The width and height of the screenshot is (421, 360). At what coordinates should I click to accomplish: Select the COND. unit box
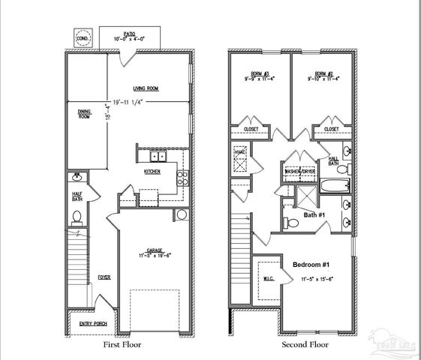[83, 38]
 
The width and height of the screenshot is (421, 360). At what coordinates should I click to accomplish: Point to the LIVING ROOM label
[151, 88]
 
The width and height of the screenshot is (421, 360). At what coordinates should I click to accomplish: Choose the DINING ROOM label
[84, 115]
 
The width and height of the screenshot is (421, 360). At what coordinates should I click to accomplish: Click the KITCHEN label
[152, 172]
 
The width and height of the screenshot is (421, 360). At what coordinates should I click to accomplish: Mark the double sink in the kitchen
[158, 157]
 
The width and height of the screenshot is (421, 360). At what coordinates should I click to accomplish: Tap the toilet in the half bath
[77, 218]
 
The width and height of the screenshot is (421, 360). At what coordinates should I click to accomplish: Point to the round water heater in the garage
[182, 214]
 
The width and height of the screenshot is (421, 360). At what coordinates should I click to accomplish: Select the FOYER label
[104, 277]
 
